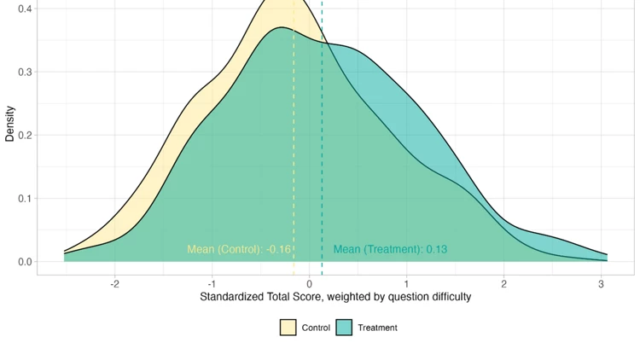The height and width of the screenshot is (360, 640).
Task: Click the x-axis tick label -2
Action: pyautogui.click(x=114, y=283)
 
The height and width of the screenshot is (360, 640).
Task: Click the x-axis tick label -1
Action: pyautogui.click(x=212, y=283)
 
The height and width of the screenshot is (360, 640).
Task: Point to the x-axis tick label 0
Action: pyautogui.click(x=310, y=283)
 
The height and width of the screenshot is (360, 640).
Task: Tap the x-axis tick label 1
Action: pyautogui.click(x=407, y=283)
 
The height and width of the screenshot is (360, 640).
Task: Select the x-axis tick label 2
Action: pyautogui.click(x=504, y=283)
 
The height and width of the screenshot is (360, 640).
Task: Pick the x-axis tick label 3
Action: pyautogui.click(x=602, y=283)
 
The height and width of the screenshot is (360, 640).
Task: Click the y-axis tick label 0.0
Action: pyautogui.click(x=25, y=262)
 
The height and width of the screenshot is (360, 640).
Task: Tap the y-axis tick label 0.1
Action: pyautogui.click(x=25, y=199)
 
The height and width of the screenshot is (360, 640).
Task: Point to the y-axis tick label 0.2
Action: pyautogui.click(x=25, y=135)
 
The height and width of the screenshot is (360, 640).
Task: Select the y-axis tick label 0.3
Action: pyautogui.click(x=25, y=72)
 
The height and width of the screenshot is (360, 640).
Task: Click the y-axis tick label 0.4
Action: pyautogui.click(x=25, y=9)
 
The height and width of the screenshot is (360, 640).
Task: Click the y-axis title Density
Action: pyautogui.click(x=10, y=123)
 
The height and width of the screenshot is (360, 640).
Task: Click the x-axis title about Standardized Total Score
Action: pyautogui.click(x=335, y=297)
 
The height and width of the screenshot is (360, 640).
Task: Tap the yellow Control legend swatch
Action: pyautogui.click(x=288, y=328)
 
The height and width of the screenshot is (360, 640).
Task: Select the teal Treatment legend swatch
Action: pyautogui.click(x=344, y=328)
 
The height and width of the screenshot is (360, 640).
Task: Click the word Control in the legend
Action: pyautogui.click(x=316, y=328)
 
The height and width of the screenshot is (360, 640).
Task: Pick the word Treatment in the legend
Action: pyautogui.click(x=377, y=328)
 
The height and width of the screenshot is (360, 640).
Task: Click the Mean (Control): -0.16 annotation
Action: pyautogui.click(x=239, y=249)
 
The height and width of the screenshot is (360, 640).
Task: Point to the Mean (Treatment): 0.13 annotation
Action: pyautogui.click(x=390, y=249)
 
